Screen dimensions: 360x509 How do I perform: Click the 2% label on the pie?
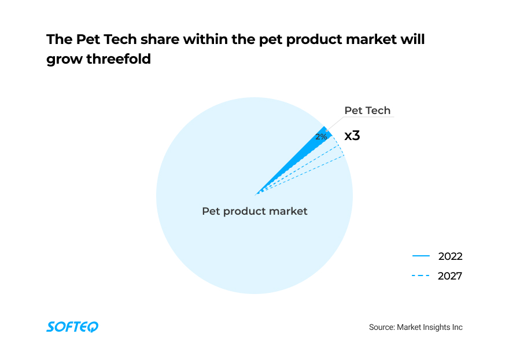321,137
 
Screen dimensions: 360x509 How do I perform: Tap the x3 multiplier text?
352,136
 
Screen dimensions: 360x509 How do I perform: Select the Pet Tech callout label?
367,111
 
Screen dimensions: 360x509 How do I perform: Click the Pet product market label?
254,211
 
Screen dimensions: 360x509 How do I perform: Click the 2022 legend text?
450,256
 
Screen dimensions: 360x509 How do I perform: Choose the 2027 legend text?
450,276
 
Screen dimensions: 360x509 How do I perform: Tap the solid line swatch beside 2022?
421,256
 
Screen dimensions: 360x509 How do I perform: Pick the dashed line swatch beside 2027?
421,276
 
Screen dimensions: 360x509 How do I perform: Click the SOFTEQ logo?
72,327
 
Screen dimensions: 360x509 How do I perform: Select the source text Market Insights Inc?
430,327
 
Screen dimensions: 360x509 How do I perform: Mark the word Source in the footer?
381,327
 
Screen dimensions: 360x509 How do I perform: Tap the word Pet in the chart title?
87,40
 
